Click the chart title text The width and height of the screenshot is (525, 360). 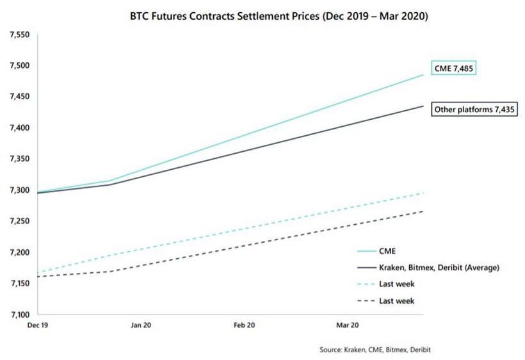[279, 15]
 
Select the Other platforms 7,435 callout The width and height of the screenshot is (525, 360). [472, 110]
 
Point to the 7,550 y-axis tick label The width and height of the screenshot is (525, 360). [19, 34]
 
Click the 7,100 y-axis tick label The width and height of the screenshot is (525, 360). [19, 315]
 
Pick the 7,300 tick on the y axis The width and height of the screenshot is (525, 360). [19, 190]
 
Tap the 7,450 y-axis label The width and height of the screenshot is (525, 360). [19, 97]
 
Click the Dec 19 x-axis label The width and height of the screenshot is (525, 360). [38, 325]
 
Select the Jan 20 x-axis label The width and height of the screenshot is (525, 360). [141, 325]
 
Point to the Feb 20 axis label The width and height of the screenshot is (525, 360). [244, 325]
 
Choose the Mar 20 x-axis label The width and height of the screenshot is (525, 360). [347, 325]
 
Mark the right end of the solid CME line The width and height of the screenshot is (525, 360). [423, 75]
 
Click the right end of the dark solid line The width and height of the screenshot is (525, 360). [423, 106]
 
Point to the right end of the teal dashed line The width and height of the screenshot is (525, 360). [423, 193]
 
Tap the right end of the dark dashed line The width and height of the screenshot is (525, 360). [423, 211]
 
